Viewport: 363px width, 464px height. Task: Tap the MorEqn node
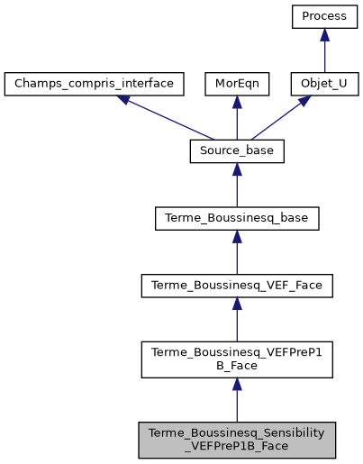[x=237, y=84]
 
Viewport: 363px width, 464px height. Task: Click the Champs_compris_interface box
[x=95, y=84]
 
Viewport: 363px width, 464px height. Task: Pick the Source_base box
[x=237, y=150]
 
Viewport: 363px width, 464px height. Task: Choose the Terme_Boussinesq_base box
[x=237, y=218]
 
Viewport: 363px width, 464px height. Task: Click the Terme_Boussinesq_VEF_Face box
[x=237, y=286]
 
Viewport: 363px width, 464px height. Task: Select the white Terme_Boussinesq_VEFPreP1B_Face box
[x=237, y=359]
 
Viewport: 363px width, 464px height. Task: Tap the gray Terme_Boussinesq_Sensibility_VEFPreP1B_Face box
[x=237, y=437]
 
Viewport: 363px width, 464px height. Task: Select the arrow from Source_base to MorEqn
[x=237, y=118]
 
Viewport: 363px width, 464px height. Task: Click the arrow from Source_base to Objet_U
[x=278, y=118]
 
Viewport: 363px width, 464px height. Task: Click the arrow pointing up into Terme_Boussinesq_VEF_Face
[x=237, y=320]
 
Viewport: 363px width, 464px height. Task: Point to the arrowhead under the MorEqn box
[x=237, y=103]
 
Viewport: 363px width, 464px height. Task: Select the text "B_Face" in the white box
[x=237, y=367]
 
